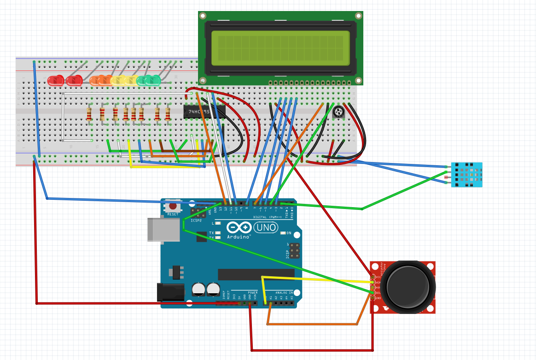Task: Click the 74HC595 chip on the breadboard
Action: (204, 112)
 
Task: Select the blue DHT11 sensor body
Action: (466, 174)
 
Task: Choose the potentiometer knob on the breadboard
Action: (338, 111)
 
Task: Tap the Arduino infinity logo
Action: (239, 227)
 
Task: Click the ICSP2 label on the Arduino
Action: (197, 221)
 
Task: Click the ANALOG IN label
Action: (285, 293)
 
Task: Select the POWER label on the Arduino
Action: (252, 293)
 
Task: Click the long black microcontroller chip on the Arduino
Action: (256, 274)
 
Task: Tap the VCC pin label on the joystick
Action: (377, 277)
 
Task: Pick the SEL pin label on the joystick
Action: (377, 293)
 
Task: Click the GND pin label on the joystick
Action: (377, 298)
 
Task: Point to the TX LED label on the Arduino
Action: (211, 233)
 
